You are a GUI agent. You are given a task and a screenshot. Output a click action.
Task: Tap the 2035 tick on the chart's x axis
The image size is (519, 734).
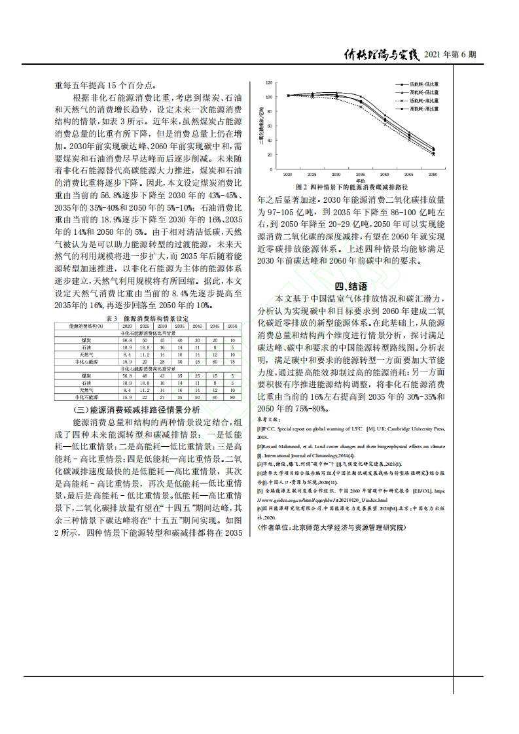coord(360,175)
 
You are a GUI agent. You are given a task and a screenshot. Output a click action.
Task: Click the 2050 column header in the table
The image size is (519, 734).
coord(232,326)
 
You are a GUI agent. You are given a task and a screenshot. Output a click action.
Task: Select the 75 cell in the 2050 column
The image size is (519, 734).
coord(232,361)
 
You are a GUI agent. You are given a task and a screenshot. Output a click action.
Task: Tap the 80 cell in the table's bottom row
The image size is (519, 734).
coord(232,396)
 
